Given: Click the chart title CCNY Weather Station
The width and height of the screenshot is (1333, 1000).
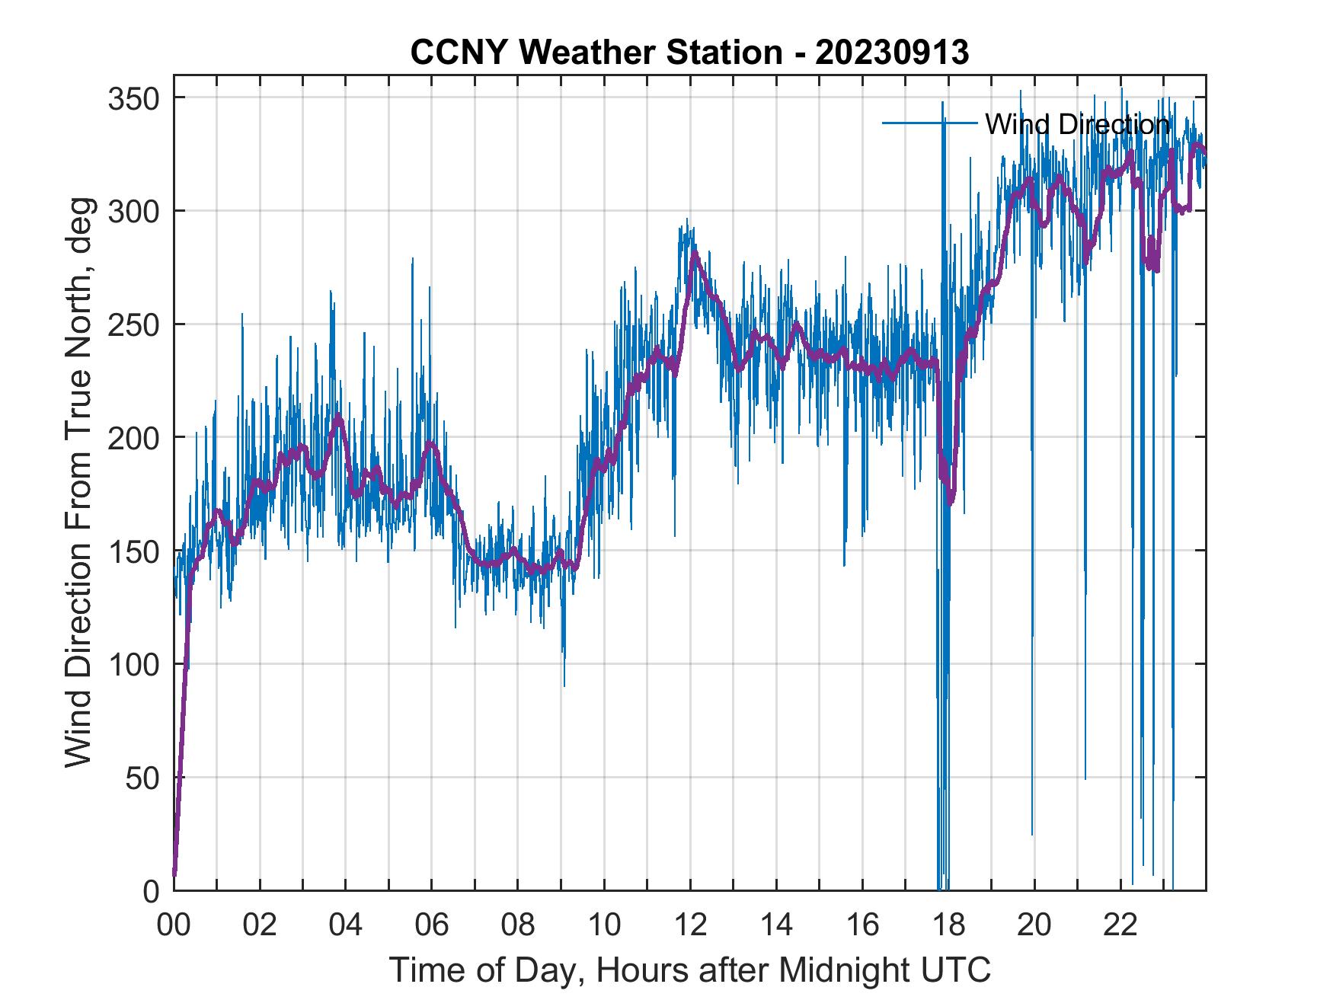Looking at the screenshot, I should [596, 53].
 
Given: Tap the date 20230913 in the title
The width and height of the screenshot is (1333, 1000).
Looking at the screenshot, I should [892, 53].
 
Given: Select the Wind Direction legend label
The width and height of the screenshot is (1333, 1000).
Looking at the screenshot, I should [1077, 124].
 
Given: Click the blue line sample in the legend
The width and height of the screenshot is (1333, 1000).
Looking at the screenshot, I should [929, 123].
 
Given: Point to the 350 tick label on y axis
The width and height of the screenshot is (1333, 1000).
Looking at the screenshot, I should [133, 98].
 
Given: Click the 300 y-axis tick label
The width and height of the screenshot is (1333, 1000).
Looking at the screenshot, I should [133, 211].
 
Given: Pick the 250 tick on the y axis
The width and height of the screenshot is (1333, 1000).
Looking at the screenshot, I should [133, 324].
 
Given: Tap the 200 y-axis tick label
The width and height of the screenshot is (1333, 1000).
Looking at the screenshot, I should [133, 438].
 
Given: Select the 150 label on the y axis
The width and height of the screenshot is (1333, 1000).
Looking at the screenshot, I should [133, 551].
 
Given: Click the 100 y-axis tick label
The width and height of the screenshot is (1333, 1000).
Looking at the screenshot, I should [133, 664].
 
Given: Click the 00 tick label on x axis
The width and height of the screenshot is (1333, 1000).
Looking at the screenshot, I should [174, 926].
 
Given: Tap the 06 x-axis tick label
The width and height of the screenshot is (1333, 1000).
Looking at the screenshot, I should [432, 926].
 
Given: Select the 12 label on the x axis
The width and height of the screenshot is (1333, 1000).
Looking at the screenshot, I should [690, 926].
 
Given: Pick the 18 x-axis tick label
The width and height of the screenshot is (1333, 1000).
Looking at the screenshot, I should [948, 926].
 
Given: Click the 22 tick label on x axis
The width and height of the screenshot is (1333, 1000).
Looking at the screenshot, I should [1120, 926].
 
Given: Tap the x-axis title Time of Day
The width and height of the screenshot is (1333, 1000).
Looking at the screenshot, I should [690, 970].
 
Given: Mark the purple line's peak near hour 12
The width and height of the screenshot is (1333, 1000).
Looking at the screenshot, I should [694, 253].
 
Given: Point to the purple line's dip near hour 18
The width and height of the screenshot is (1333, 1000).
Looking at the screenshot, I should [950, 502].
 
